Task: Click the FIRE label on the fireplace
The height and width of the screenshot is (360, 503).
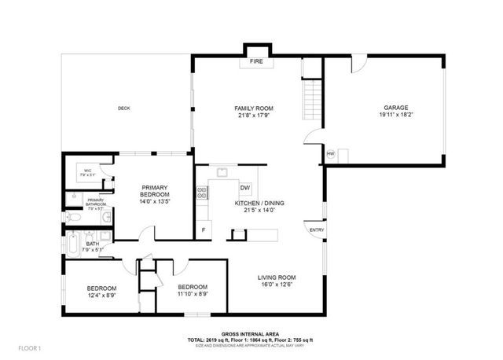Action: (x=255, y=61)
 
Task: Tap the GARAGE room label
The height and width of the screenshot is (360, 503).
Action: (x=395, y=108)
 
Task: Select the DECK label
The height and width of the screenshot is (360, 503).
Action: (x=123, y=108)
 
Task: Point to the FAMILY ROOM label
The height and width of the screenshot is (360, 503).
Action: (x=253, y=108)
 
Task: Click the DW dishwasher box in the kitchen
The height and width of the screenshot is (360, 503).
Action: (x=245, y=188)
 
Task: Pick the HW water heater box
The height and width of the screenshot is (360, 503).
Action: (x=331, y=153)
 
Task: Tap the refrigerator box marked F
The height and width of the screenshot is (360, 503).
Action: (x=204, y=230)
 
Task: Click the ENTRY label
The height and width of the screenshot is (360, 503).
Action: (x=317, y=230)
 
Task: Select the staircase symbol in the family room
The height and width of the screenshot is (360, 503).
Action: (x=311, y=100)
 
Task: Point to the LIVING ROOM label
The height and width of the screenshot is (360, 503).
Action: (x=277, y=277)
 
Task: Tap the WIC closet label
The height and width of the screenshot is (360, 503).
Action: (x=88, y=171)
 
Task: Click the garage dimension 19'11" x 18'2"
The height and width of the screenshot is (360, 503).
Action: (x=395, y=116)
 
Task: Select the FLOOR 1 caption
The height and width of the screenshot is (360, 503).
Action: (x=29, y=347)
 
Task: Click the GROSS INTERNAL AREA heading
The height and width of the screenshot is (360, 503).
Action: (x=251, y=334)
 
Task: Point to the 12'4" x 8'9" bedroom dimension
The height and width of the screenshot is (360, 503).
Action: (x=102, y=296)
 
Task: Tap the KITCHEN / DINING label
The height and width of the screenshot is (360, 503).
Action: (x=259, y=203)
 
